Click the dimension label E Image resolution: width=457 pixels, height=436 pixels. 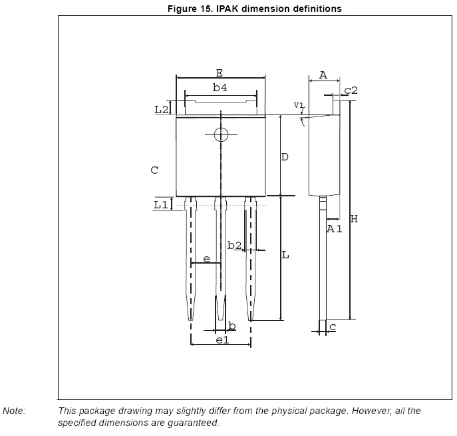point(220,73)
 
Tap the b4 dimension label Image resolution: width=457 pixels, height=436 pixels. point(220,87)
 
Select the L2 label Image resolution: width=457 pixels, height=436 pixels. point(161,109)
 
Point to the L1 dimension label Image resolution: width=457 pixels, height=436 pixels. point(161,205)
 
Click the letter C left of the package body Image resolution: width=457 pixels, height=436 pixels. point(154,170)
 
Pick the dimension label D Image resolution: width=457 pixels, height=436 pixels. point(284,157)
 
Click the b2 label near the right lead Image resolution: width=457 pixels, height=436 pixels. point(234,246)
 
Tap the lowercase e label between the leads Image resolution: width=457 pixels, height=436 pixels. point(206,258)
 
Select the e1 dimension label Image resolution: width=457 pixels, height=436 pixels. point(222,340)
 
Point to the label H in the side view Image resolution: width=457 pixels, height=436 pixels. point(354,219)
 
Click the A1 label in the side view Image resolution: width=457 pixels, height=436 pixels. point(334,229)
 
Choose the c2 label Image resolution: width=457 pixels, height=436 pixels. point(351,90)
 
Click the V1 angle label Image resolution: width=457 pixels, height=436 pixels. point(299,105)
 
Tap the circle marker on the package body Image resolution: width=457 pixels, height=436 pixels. point(221,135)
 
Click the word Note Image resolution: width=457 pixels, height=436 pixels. point(14,411)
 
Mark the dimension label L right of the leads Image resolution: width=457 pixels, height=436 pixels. point(285,255)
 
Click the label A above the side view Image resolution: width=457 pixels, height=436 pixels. point(323,75)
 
